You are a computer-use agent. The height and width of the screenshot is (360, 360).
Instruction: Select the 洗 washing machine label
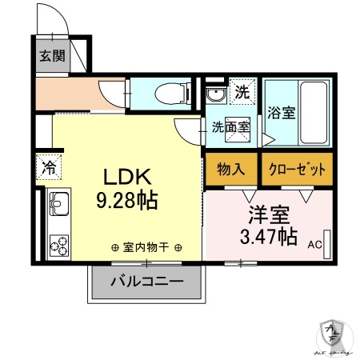[242, 92]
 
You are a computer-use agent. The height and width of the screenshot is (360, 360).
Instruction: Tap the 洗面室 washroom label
[230, 126]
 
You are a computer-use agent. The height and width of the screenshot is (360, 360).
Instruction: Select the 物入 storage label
[230, 169]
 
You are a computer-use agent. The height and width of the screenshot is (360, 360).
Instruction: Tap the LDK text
[124, 176]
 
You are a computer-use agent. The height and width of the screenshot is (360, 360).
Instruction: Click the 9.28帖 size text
[126, 201]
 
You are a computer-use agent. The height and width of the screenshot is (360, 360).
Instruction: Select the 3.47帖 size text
[267, 236]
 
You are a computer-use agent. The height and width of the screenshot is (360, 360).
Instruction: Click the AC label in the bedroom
[314, 245]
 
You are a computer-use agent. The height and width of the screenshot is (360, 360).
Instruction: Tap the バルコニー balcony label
[146, 282]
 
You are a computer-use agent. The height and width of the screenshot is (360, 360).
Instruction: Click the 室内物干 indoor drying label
[146, 247]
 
